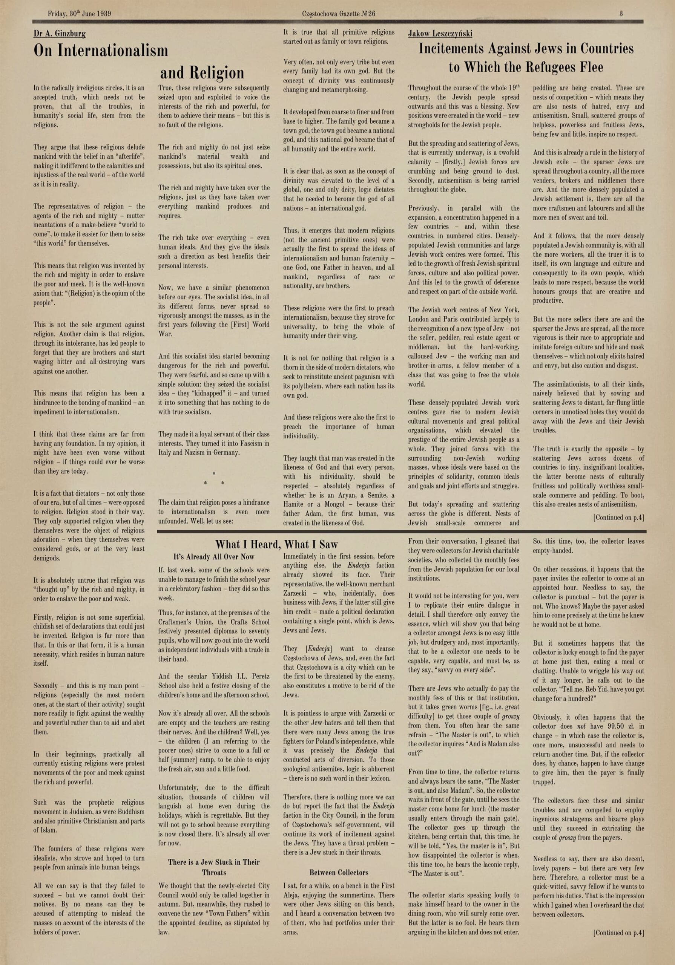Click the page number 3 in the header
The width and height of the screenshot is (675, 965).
(621, 14)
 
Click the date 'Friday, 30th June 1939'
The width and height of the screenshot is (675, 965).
(80, 14)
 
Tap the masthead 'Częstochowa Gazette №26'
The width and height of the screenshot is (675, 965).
(339, 14)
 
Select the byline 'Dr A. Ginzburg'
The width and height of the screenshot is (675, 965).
(59, 34)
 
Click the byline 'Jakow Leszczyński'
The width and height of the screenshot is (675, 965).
(440, 34)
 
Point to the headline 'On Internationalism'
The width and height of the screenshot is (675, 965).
(101, 51)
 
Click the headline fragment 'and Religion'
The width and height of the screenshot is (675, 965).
(202, 73)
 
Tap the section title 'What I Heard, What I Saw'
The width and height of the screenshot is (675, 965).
(276, 544)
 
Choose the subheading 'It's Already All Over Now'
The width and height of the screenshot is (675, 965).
(214, 557)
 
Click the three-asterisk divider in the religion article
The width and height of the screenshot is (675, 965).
(214, 479)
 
